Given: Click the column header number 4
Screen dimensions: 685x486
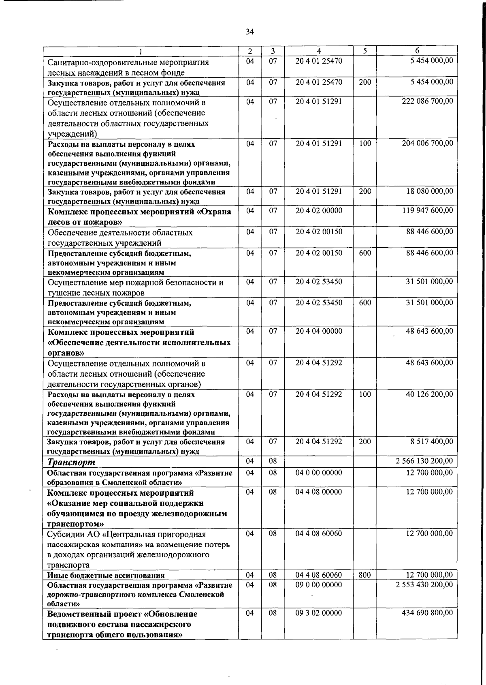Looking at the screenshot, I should pyautogui.click(x=319, y=51).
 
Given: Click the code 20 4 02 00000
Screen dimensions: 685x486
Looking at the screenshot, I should pyautogui.click(x=319, y=211).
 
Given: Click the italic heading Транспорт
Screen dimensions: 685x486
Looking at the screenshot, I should pyautogui.click(x=72, y=462).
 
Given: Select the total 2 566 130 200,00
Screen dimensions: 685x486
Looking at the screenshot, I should pyautogui.click(x=424, y=461).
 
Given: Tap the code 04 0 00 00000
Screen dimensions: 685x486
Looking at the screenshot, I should pyautogui.click(x=319, y=473).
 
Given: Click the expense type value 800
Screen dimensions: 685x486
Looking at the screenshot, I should pyautogui.click(x=364, y=575).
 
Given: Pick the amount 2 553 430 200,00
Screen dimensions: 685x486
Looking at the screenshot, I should pyautogui.click(x=424, y=585).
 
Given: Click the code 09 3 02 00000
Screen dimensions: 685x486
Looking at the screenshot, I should pyautogui.click(x=319, y=613).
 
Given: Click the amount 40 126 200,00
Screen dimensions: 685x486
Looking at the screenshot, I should pyautogui.click(x=429, y=394).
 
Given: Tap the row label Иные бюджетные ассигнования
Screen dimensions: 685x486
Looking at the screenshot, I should pyautogui.click(x=106, y=575).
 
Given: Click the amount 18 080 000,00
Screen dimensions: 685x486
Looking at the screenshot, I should pyautogui.click(x=429, y=191).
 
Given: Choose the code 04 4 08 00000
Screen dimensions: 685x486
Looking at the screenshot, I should pyautogui.click(x=319, y=492).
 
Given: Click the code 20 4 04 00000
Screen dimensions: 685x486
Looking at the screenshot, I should pyautogui.click(x=319, y=331).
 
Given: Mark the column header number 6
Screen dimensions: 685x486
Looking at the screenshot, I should pyautogui.click(x=417, y=51).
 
